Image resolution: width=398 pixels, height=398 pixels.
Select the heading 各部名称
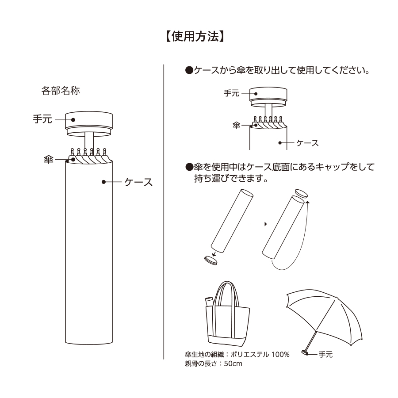pyautogui.click(x=60, y=91)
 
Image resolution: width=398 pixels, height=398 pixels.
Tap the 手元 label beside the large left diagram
pyautogui.click(x=42, y=119)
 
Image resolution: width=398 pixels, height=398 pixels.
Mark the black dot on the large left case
pyautogui.click(x=104, y=181)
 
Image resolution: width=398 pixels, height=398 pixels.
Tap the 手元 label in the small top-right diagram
pyautogui.click(x=231, y=93)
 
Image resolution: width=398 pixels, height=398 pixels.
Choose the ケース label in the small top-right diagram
pyautogui.click(x=307, y=143)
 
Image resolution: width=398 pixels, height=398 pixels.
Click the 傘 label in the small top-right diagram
pyautogui.click(x=236, y=126)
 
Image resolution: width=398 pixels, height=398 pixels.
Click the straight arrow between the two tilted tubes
pyautogui.click(x=258, y=224)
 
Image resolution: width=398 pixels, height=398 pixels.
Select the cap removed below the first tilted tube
pyautogui.click(x=210, y=260)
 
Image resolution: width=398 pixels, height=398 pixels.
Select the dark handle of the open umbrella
pyautogui.click(x=305, y=352)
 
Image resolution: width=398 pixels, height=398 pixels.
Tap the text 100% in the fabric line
pyautogui.click(x=280, y=355)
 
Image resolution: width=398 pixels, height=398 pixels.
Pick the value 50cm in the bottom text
pyautogui.click(x=233, y=364)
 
